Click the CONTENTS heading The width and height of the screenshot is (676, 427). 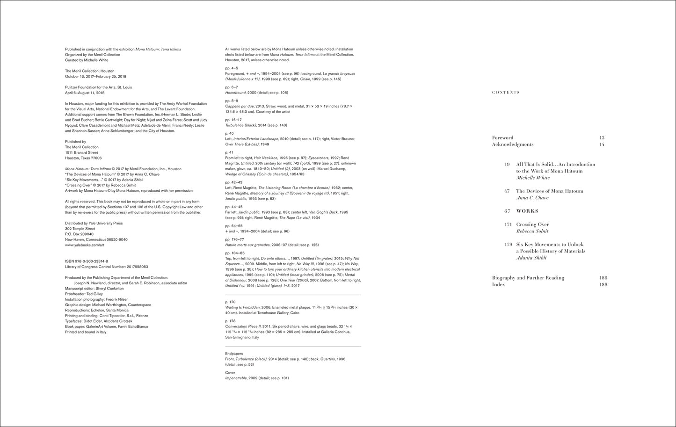coord(506,93)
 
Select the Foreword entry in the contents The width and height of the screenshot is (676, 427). coord(502,138)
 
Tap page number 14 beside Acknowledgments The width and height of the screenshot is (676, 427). coord(602,145)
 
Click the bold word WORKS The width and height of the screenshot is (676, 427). coord(527,211)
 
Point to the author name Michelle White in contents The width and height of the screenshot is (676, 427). coord(533,178)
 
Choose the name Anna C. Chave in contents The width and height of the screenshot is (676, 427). coord(532,198)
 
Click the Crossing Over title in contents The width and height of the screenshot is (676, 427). coord(532,224)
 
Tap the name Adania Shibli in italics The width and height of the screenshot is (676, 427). coord(531,258)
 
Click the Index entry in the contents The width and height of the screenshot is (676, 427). coord(498,284)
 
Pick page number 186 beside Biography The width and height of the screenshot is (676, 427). coord(603,278)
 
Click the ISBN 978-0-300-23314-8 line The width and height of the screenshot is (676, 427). coord(87,261)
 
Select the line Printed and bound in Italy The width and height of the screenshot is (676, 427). coord(86,332)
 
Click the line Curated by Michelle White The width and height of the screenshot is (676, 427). coord(87,60)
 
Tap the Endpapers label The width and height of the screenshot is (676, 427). coord(234,354)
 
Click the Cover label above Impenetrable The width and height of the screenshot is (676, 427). coord(230,373)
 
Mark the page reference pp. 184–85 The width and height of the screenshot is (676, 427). coord(235,253)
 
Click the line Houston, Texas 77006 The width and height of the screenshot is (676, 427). coord(83,158)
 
